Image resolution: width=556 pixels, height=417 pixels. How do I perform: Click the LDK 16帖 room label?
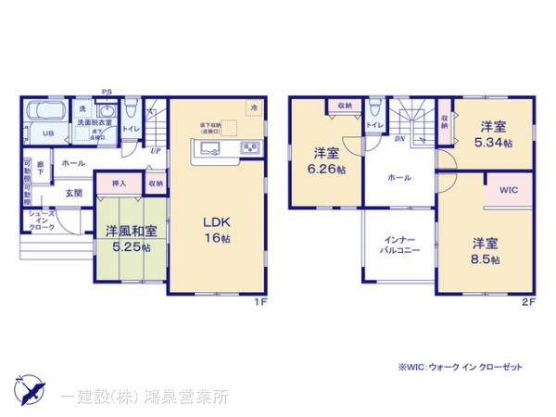point(215,227)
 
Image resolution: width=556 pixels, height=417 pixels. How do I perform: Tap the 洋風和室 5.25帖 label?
point(129,238)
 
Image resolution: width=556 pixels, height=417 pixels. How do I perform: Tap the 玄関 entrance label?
point(73,193)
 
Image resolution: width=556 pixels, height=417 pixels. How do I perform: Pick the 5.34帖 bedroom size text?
point(492,143)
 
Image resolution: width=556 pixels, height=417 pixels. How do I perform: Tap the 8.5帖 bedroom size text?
point(486,261)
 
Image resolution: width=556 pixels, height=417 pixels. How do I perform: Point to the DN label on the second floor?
point(398,140)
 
